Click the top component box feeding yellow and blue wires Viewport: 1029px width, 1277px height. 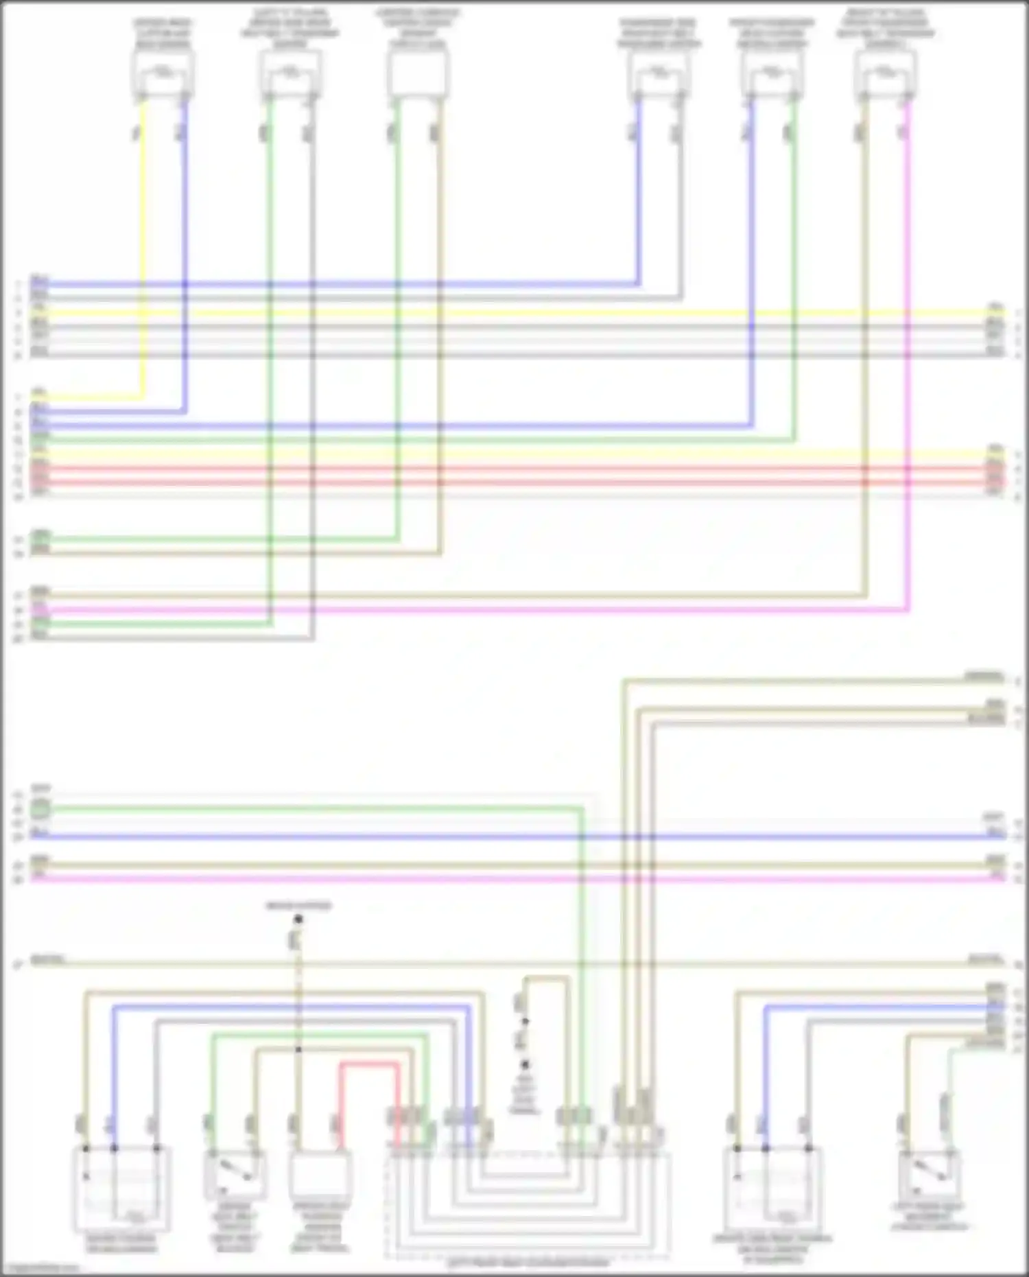[163, 73]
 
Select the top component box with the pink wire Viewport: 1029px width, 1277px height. [886, 73]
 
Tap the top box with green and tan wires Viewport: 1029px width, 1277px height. [417, 73]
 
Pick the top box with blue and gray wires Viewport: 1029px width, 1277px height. [658, 73]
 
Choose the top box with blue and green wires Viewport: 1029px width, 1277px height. [772, 73]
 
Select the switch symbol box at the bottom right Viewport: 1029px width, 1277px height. [930, 1173]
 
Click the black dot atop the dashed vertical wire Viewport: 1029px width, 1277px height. [298, 919]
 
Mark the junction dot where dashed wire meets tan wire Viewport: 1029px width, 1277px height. [298, 1050]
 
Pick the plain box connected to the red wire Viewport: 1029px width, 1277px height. [320, 1174]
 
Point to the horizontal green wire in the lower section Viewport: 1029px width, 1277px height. [309, 810]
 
